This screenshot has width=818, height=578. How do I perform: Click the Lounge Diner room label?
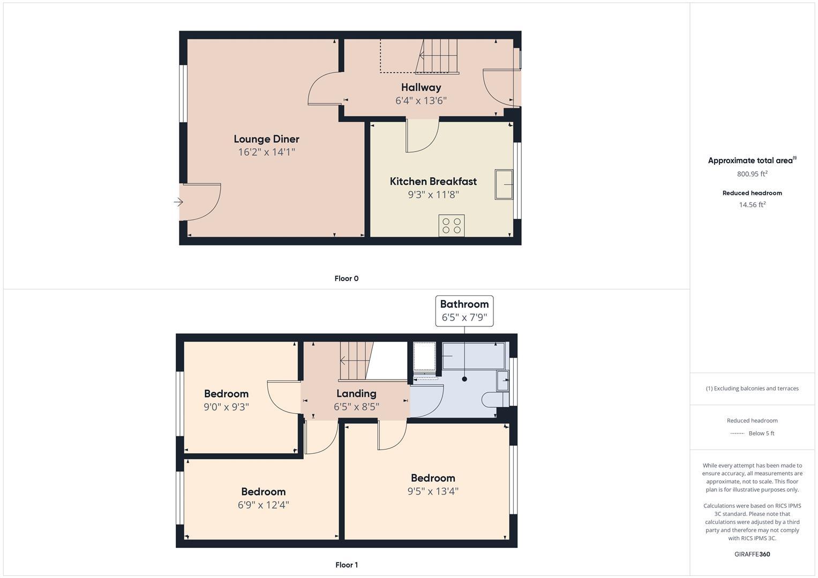[266, 139]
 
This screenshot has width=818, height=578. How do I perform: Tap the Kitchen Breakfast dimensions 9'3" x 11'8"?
[433, 195]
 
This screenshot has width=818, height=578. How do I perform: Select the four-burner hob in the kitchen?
[451, 225]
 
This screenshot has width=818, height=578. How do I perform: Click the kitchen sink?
[504, 185]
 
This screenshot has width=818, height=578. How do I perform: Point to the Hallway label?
[421, 87]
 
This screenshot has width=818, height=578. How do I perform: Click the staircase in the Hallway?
[438, 56]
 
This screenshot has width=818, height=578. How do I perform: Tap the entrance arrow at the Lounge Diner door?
[178, 202]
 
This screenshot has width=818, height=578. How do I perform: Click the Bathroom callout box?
[464, 311]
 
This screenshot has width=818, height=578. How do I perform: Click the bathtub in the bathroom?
[473, 356]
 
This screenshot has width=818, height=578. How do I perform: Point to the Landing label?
[356, 394]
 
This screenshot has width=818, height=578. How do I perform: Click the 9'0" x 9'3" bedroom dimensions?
[226, 407]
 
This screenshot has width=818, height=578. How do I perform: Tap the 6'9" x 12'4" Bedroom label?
[263, 492]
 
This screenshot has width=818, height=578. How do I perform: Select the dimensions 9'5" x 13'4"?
[433, 491]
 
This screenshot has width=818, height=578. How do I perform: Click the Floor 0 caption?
[346, 278]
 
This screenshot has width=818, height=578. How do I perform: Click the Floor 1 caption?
[346, 565]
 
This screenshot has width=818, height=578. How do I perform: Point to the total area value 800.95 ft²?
[752, 174]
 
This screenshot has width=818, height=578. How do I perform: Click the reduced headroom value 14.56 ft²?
[752, 205]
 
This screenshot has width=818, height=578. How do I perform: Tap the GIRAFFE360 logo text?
[752, 554]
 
